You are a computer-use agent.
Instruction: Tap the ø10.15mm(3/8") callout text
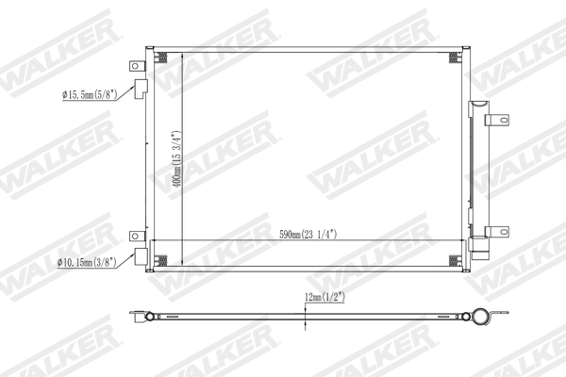coord(87,261)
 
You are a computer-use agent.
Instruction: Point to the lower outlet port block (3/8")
coord(140,256)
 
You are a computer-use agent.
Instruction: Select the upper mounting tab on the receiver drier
coord(496,120)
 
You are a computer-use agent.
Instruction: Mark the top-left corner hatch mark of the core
coord(160,57)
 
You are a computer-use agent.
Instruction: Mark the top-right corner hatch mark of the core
coord(454,57)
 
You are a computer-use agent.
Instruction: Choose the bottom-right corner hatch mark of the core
coord(454,261)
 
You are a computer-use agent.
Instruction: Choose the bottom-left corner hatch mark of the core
coord(160,261)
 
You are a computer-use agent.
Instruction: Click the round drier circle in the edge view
coord(479,317)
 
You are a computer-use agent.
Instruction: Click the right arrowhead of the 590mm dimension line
coord(458,241)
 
